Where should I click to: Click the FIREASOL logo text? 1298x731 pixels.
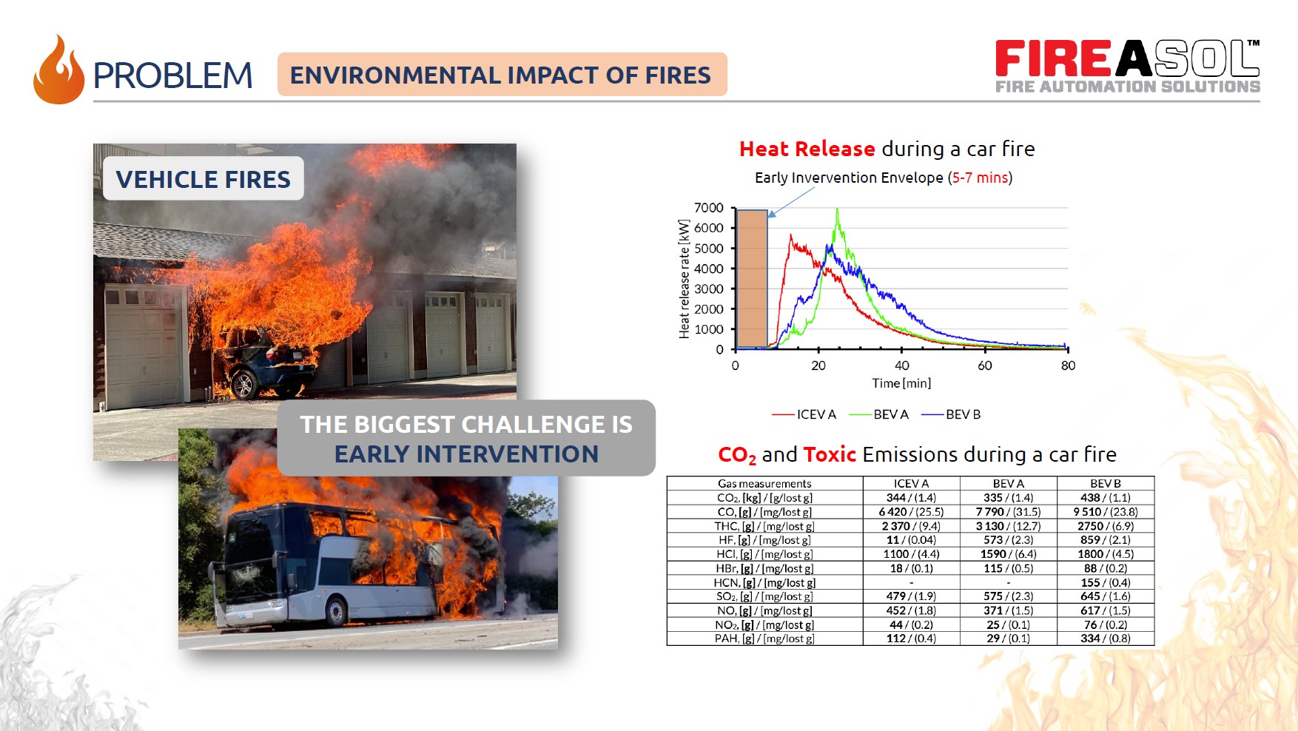pos(1127,58)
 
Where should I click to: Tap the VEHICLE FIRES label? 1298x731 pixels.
pos(204,179)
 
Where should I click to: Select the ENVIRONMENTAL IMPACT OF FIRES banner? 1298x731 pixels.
pos(502,75)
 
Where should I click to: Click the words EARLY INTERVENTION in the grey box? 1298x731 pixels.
pos(466,454)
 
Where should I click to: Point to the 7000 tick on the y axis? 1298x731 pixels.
pos(709,208)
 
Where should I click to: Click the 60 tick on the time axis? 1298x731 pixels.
pos(985,365)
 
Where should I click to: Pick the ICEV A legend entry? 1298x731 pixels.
pos(804,414)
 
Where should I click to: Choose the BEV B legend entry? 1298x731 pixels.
pos(951,414)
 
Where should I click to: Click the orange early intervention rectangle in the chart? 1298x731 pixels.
pos(752,279)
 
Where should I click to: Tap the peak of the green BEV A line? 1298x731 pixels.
pos(837,209)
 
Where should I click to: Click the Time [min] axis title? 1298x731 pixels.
pos(901,383)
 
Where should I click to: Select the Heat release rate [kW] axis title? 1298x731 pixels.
pos(685,279)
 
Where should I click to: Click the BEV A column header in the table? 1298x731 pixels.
pos(1008,483)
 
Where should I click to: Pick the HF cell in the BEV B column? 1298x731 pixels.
pos(1105,540)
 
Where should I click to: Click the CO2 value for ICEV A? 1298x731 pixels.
pos(911,498)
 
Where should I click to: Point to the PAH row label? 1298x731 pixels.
pos(764,639)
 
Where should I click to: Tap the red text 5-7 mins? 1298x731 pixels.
pos(981,178)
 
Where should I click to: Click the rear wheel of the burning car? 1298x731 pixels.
pos(244,385)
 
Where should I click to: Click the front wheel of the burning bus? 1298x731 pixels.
pos(337,611)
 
